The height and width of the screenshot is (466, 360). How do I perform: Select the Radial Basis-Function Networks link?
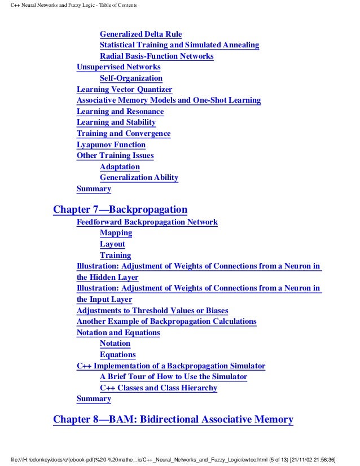click(x=156, y=56)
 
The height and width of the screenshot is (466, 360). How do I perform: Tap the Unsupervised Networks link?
click(x=118, y=67)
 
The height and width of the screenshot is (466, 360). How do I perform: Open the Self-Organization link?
click(x=131, y=78)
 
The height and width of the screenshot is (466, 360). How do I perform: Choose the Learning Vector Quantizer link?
click(x=124, y=89)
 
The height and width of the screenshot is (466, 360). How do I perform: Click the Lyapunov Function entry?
click(x=111, y=144)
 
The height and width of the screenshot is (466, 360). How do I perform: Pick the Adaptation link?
click(x=120, y=167)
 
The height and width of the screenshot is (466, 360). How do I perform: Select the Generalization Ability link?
click(x=139, y=178)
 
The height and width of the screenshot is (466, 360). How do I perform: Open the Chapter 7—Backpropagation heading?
click(x=120, y=210)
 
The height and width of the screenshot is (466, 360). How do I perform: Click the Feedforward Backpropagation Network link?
click(x=147, y=222)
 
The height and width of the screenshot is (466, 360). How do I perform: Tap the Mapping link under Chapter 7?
click(x=116, y=233)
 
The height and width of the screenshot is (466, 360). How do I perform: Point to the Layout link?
click(x=112, y=244)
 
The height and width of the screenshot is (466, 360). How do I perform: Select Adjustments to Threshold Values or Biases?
click(x=152, y=310)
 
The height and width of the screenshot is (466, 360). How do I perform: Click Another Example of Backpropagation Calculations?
click(x=166, y=322)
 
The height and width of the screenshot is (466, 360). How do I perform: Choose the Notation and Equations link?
click(x=118, y=333)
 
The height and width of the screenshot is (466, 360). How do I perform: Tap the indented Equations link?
click(x=117, y=355)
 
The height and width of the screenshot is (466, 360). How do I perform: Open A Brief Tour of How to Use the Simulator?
click(x=173, y=377)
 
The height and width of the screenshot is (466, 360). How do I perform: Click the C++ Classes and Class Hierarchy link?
click(x=158, y=388)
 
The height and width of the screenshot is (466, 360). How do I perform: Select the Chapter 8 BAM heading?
click(x=173, y=420)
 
